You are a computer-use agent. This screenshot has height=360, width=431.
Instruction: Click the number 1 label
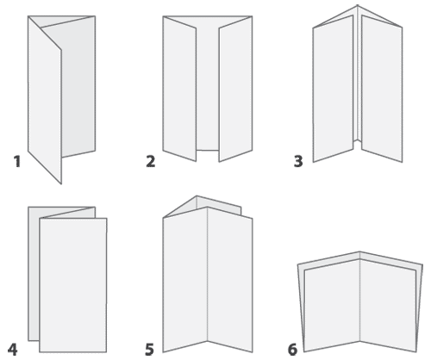17,161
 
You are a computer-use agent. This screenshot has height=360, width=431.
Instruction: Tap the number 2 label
151,161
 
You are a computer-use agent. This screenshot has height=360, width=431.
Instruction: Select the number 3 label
298,161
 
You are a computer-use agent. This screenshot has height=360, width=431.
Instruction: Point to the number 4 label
12,350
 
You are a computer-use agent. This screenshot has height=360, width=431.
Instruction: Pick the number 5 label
149,350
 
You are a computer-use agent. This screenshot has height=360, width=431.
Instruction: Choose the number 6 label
292,350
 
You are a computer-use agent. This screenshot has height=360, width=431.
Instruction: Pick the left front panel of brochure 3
333,89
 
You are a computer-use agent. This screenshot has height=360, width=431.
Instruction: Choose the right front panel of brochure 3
382,89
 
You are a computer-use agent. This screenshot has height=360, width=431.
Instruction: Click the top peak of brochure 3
358,5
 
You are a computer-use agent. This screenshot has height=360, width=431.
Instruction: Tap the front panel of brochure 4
73,285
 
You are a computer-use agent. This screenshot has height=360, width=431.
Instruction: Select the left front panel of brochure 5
185,280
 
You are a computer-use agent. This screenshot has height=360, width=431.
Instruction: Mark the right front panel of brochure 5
230,280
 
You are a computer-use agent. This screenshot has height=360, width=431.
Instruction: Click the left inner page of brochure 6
332,305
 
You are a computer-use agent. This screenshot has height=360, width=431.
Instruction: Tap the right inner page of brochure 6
388,305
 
